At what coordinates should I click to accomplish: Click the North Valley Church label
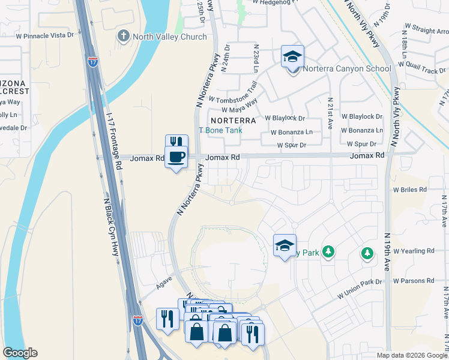[x=169, y=37]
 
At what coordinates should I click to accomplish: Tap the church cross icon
[x=124, y=36]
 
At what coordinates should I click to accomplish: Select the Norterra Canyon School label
[x=347, y=68]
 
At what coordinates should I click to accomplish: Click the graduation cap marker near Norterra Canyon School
[x=293, y=57]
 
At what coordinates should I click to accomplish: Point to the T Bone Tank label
[x=220, y=130]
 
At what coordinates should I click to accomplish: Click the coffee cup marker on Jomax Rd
[x=176, y=158]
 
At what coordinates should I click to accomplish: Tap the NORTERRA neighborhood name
[x=233, y=120]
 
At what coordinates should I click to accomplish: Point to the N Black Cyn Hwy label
[x=110, y=227]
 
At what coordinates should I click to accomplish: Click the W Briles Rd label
[x=409, y=189]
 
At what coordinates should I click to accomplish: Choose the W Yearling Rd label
[x=413, y=251]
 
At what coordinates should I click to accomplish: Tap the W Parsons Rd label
[x=413, y=281]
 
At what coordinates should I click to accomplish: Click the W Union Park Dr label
[x=360, y=289]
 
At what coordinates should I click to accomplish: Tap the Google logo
[x=20, y=353]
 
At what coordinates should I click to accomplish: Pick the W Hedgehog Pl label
[x=277, y=2]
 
